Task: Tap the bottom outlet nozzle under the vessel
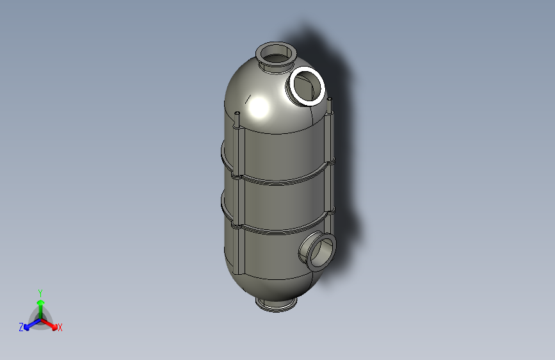coord(276,303)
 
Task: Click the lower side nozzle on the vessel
coord(319,250)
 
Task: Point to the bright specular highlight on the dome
coord(259,107)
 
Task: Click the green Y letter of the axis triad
coord(40,292)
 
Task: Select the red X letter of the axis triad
coord(60,328)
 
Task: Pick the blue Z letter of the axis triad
coord(21,327)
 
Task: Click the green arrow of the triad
coord(40,304)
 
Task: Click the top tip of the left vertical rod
coord(237,114)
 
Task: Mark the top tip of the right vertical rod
coord(331,100)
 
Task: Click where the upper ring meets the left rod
coord(239,172)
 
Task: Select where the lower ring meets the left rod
coord(238,225)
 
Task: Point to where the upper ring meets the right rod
coord(331,161)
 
